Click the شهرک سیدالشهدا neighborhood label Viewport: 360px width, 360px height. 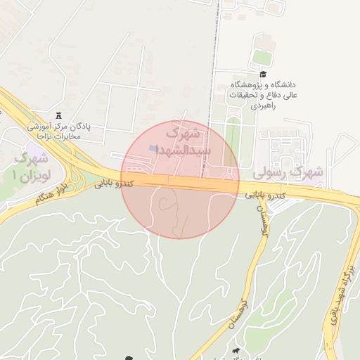tap(180, 141)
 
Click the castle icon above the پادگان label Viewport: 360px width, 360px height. tap(58, 116)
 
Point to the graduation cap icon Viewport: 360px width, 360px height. tap(263, 75)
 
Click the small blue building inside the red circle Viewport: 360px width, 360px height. tap(154, 149)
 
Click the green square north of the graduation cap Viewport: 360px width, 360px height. tap(261, 57)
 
